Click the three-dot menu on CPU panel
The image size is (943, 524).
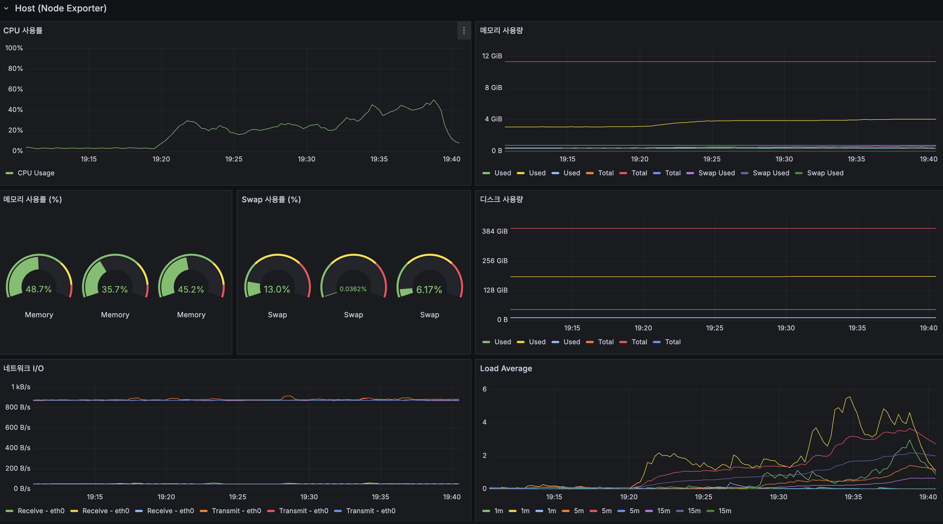(x=463, y=31)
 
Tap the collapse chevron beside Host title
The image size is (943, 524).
(x=6, y=8)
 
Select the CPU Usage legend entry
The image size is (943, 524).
(x=36, y=173)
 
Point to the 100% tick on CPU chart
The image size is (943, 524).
(x=14, y=48)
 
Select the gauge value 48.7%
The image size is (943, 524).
(x=38, y=289)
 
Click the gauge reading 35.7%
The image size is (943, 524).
(x=114, y=289)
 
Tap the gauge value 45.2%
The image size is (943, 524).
(x=191, y=289)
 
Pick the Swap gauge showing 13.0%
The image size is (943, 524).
(x=277, y=289)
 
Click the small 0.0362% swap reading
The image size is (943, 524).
(x=353, y=289)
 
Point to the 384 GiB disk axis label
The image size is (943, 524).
(x=495, y=231)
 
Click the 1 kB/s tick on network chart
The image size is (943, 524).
(x=21, y=387)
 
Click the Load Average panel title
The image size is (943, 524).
(x=506, y=368)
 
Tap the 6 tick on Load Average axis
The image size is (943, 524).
(x=484, y=389)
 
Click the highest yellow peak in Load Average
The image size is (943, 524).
(x=849, y=397)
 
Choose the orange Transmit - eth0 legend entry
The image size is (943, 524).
(x=236, y=511)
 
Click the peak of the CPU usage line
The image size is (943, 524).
(x=434, y=100)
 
